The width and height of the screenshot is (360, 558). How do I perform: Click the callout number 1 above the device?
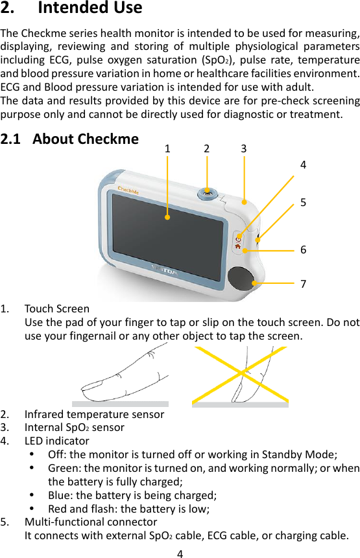pyautogui.click(x=167, y=148)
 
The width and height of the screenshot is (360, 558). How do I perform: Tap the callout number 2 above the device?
pyautogui.click(x=206, y=148)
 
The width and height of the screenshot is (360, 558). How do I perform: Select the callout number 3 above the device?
pyautogui.click(x=243, y=148)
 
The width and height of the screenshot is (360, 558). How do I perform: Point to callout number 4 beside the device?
pyautogui.click(x=303, y=165)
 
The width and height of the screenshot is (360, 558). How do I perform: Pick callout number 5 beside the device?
pyautogui.click(x=303, y=202)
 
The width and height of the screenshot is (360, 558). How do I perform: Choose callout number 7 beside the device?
pyautogui.click(x=303, y=284)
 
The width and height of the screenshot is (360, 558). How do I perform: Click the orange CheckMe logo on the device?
pyautogui.click(x=130, y=189)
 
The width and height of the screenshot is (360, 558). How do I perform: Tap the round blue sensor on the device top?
pyautogui.click(x=207, y=192)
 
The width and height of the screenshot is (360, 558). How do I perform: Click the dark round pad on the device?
pyautogui.click(x=241, y=279)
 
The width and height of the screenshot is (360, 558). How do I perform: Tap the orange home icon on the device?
pyautogui.click(x=239, y=246)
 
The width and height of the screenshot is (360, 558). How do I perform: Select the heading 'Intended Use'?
pyautogui.click(x=90, y=9)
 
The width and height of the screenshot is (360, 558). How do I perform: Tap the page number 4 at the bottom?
pyautogui.click(x=180, y=553)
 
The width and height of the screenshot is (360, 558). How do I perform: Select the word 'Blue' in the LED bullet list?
pyautogui.click(x=60, y=496)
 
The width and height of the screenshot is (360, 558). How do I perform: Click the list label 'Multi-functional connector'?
pyautogui.click(x=90, y=522)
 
